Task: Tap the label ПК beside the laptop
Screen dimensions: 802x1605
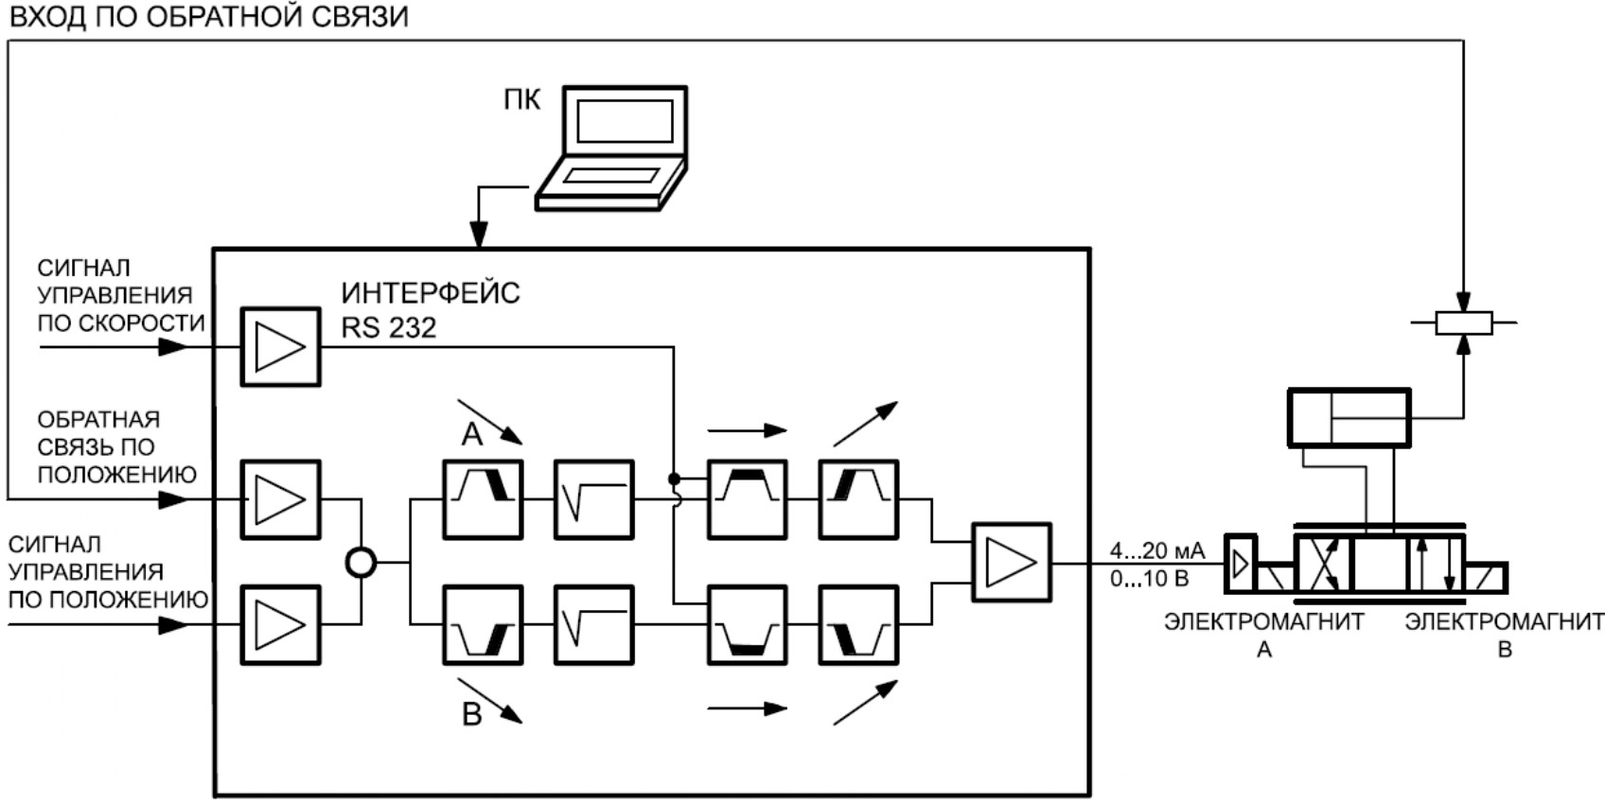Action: tap(522, 99)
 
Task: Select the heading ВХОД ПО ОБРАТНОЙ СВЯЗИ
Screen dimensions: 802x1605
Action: tap(208, 16)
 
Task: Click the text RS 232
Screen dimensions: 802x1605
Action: tap(389, 327)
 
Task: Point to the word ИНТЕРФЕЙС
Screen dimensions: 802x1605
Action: tap(431, 293)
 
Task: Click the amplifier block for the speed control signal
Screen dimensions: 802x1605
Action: tap(280, 346)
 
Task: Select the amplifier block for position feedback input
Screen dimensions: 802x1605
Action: tap(280, 499)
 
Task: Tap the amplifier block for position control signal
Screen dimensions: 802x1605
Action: tap(280, 624)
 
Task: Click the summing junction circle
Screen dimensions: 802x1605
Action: tap(361, 563)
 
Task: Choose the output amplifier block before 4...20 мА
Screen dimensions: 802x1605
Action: tap(1012, 563)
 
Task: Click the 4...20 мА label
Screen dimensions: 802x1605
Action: tap(1157, 550)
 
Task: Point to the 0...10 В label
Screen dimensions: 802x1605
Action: tap(1149, 578)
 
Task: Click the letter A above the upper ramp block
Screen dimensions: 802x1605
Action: tap(472, 434)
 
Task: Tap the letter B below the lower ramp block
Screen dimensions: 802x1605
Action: tap(472, 715)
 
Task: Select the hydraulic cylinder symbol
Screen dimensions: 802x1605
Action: tap(1349, 417)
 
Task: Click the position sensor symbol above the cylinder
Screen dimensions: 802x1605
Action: tap(1463, 323)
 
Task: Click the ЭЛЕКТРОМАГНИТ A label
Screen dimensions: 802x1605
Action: tap(1264, 635)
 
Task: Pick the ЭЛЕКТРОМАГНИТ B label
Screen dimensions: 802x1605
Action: tap(1504, 635)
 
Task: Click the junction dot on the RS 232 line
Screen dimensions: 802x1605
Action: tap(674, 479)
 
